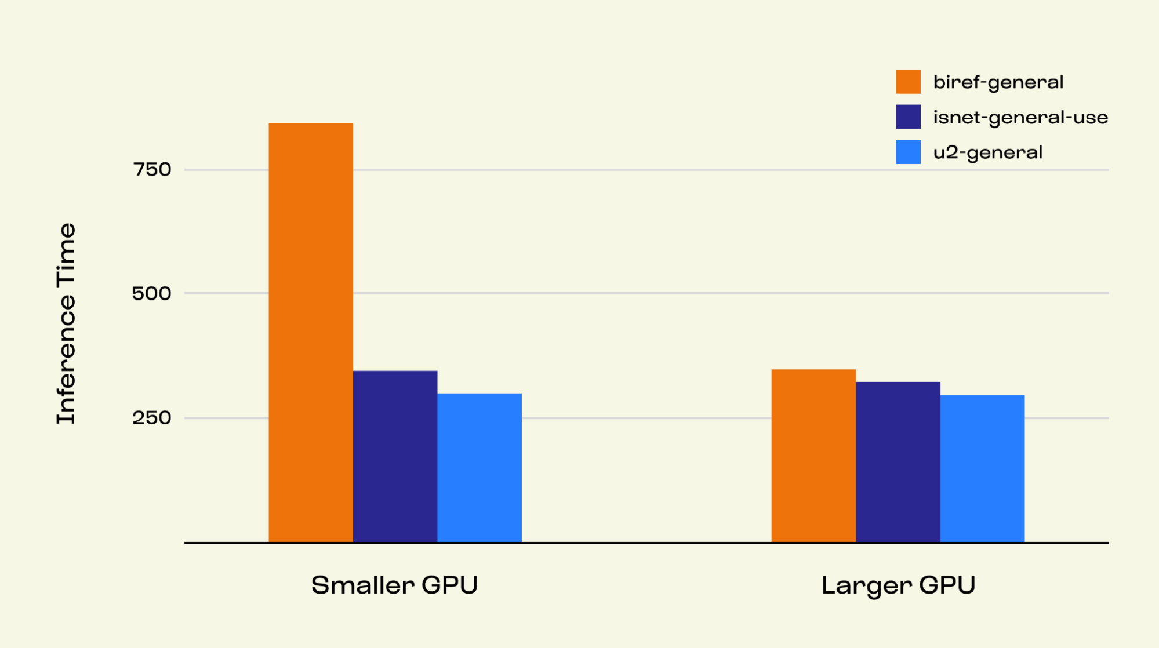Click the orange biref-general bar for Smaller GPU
(x=310, y=333)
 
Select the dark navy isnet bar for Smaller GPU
(x=395, y=456)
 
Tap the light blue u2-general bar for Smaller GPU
(x=479, y=468)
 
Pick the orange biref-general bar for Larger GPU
(x=813, y=456)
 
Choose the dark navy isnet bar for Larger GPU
(x=898, y=462)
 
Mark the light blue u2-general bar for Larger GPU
(x=982, y=468)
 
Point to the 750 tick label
(x=152, y=170)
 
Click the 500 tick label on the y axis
(x=152, y=293)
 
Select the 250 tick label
(x=152, y=418)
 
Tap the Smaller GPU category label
(x=394, y=585)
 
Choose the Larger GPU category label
(x=898, y=585)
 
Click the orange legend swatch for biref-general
(x=907, y=82)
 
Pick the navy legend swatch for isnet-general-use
(x=907, y=117)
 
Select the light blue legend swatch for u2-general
(x=907, y=152)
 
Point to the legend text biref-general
(x=998, y=82)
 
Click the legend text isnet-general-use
(x=1020, y=118)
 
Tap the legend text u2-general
(x=987, y=152)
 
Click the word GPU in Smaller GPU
(x=449, y=585)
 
